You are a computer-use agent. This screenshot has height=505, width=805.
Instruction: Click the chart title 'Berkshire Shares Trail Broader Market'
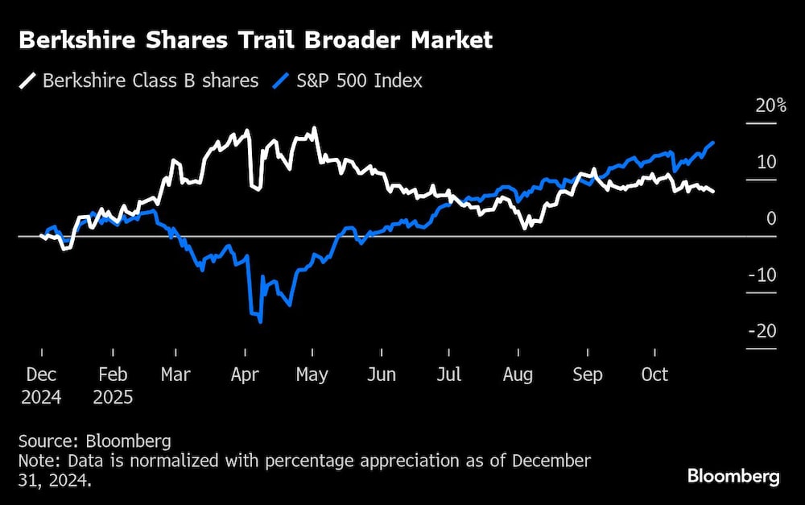(255, 41)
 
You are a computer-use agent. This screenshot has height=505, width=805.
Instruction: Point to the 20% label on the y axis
(770, 106)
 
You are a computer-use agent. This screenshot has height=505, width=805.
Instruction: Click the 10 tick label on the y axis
(766, 163)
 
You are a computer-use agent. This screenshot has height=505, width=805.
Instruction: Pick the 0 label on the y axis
(771, 219)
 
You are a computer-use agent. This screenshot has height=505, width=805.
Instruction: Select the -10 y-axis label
(762, 275)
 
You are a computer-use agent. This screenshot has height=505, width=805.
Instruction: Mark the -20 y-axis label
(762, 332)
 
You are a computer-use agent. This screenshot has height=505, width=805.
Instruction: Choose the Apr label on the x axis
(246, 375)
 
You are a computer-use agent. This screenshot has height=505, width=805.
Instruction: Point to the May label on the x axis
(312, 375)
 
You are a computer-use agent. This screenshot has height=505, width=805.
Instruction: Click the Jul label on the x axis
(448, 375)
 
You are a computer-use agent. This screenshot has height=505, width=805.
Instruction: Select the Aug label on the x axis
(518, 375)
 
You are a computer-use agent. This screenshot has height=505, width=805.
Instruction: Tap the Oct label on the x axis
(654, 375)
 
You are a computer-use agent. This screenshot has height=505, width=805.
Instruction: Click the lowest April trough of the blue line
(260, 322)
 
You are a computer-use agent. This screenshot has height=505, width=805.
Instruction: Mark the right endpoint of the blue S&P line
(713, 142)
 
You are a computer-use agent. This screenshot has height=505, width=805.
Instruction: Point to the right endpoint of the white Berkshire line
(713, 191)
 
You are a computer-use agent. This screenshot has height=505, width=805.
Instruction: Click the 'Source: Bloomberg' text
(95, 441)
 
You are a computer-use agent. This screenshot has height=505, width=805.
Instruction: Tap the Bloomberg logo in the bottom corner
(733, 476)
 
